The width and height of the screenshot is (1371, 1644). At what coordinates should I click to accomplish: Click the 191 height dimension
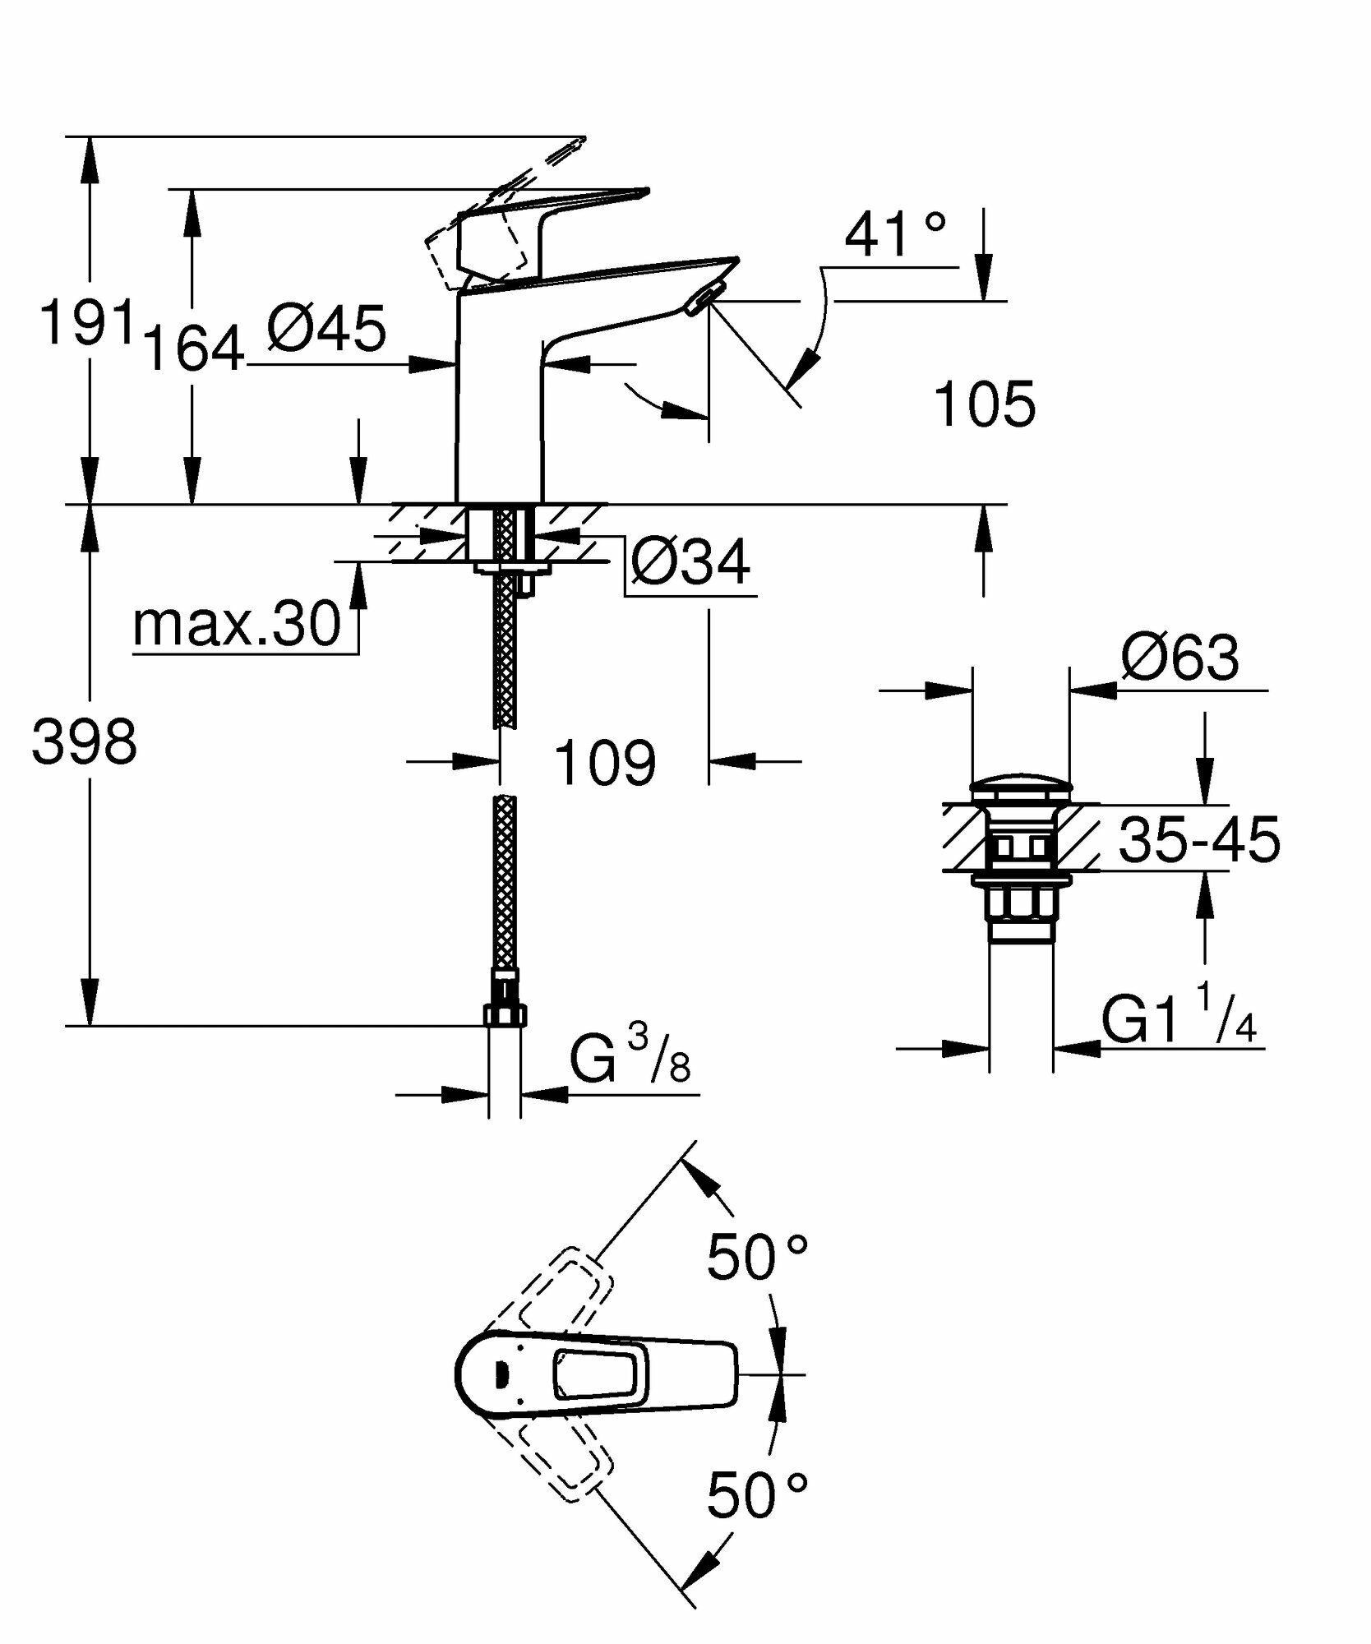coord(86,322)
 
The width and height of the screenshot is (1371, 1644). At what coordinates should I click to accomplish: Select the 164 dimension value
coord(194,348)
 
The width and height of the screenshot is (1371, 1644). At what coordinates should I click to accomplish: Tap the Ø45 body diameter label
coord(326,329)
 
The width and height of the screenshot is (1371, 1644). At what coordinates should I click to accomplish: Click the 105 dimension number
coord(985,404)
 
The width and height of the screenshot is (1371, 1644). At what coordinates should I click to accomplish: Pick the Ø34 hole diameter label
coord(690,562)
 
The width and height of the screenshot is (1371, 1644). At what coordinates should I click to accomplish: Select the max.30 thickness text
coord(237,624)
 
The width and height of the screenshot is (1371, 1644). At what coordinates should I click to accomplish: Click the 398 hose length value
coord(84,742)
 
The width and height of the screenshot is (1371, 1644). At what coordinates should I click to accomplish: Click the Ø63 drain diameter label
coord(1179,658)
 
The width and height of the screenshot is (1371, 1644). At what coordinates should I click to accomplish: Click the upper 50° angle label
coord(757,1258)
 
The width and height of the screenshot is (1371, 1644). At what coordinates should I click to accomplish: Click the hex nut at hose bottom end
coord(505,1014)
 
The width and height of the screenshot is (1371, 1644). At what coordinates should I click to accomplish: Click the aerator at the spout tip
coord(706,298)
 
